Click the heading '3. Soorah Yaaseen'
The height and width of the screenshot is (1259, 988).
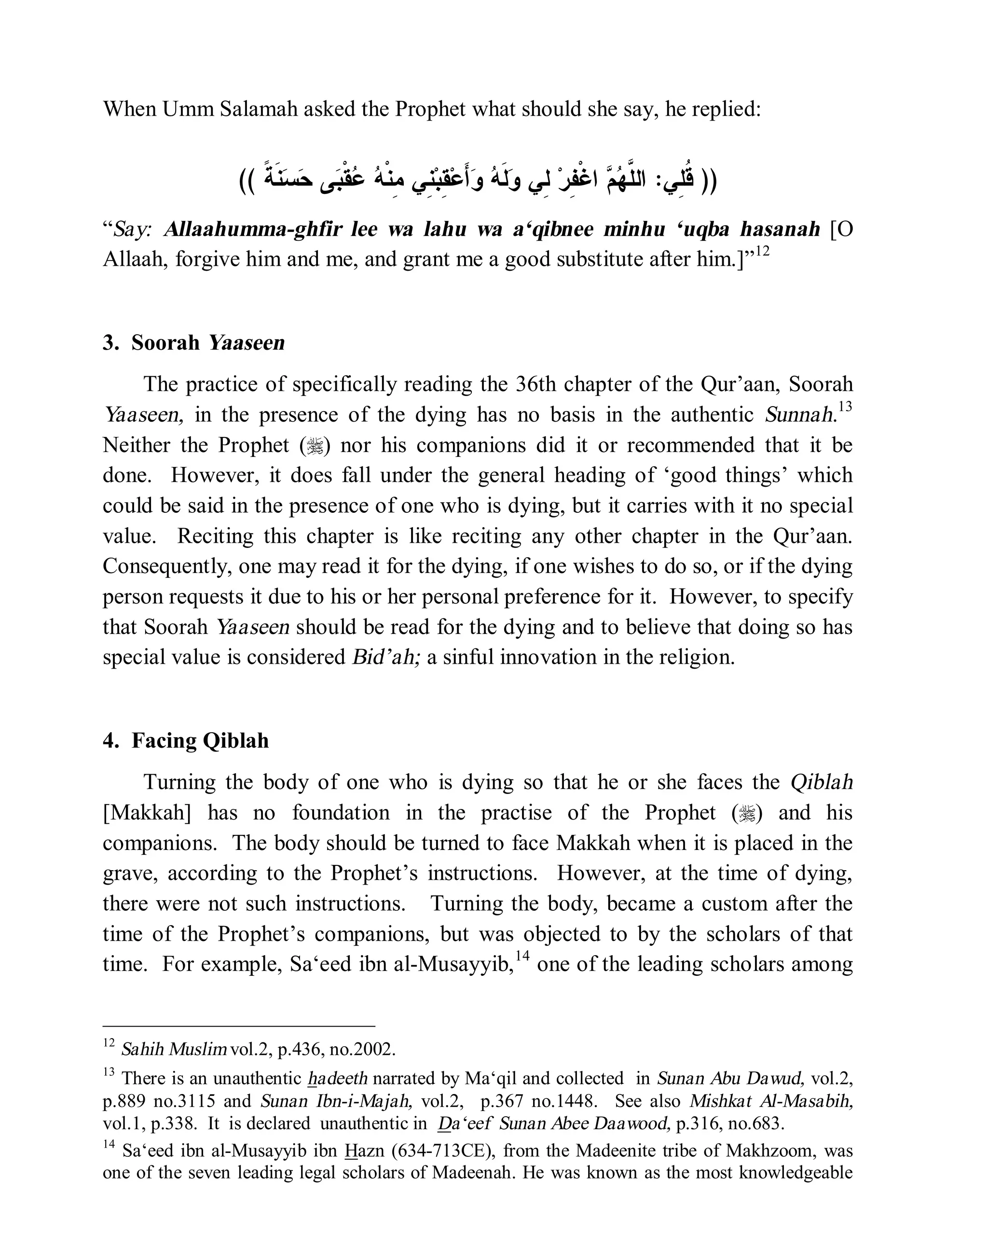194,343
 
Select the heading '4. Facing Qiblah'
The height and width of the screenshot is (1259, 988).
186,741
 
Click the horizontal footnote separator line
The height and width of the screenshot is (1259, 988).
239,1026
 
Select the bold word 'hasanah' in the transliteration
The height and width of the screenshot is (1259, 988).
780,230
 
